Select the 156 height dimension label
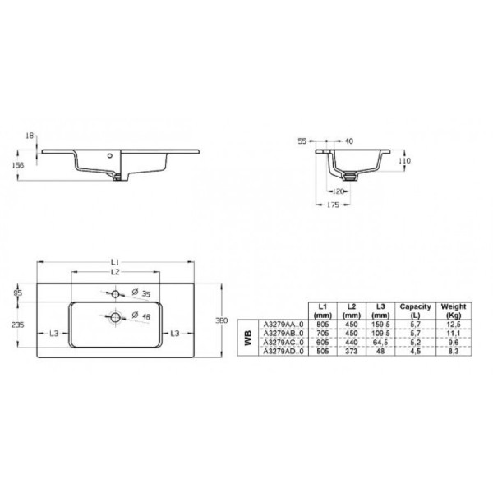point(30,165)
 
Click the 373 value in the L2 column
point(352,351)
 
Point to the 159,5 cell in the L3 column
point(380,324)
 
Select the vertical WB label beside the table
point(246,337)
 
